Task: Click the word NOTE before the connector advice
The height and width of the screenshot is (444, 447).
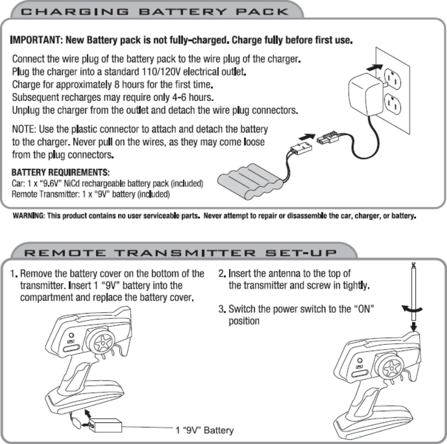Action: tap(23, 129)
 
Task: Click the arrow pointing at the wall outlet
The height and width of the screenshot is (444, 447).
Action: tap(374, 68)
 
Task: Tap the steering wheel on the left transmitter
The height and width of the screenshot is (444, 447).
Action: tap(100, 344)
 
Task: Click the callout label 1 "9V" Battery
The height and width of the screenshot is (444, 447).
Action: tap(204, 430)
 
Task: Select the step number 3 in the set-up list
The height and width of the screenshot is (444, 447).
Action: tap(221, 308)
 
